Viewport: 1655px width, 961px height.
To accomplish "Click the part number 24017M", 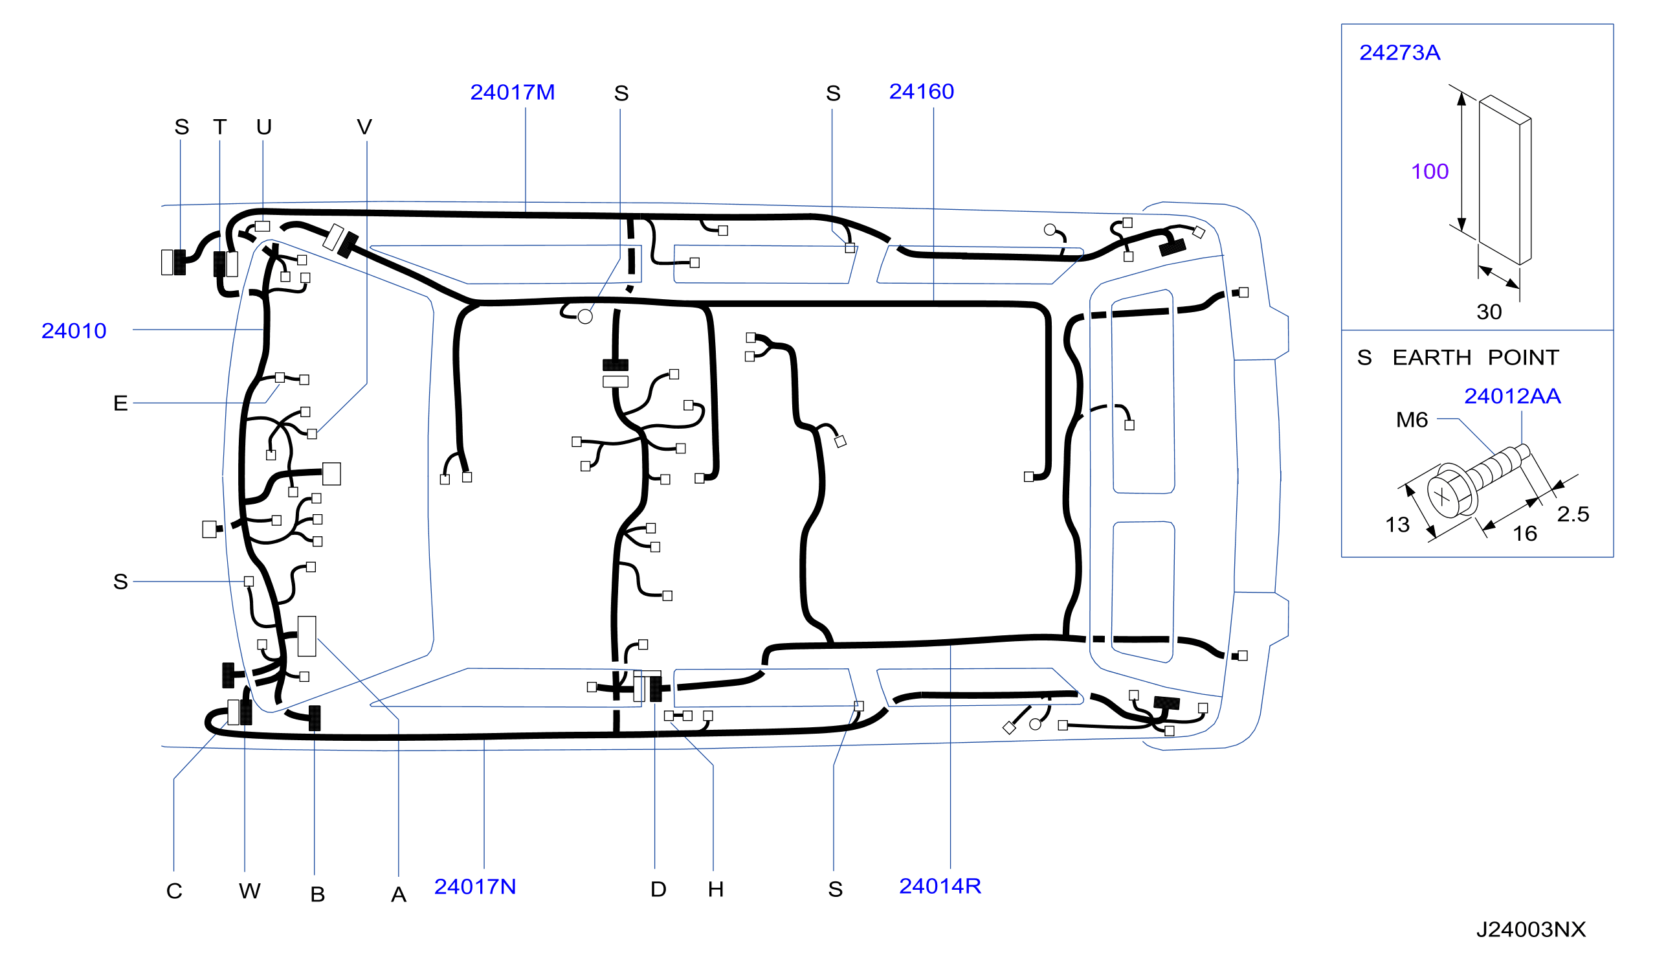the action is (512, 93).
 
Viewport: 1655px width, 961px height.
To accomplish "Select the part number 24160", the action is (922, 92).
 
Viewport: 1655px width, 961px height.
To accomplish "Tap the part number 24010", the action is (74, 331).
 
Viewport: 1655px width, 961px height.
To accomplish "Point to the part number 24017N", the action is (475, 887).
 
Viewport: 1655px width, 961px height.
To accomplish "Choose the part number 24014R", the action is (940, 886).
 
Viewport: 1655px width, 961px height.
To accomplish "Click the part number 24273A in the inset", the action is (1399, 52).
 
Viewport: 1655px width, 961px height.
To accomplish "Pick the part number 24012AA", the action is (1513, 396).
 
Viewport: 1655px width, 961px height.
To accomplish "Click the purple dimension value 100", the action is (1430, 172).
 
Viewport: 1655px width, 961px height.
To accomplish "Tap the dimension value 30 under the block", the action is (1489, 312).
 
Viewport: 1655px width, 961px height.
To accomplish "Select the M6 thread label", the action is (1412, 420).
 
